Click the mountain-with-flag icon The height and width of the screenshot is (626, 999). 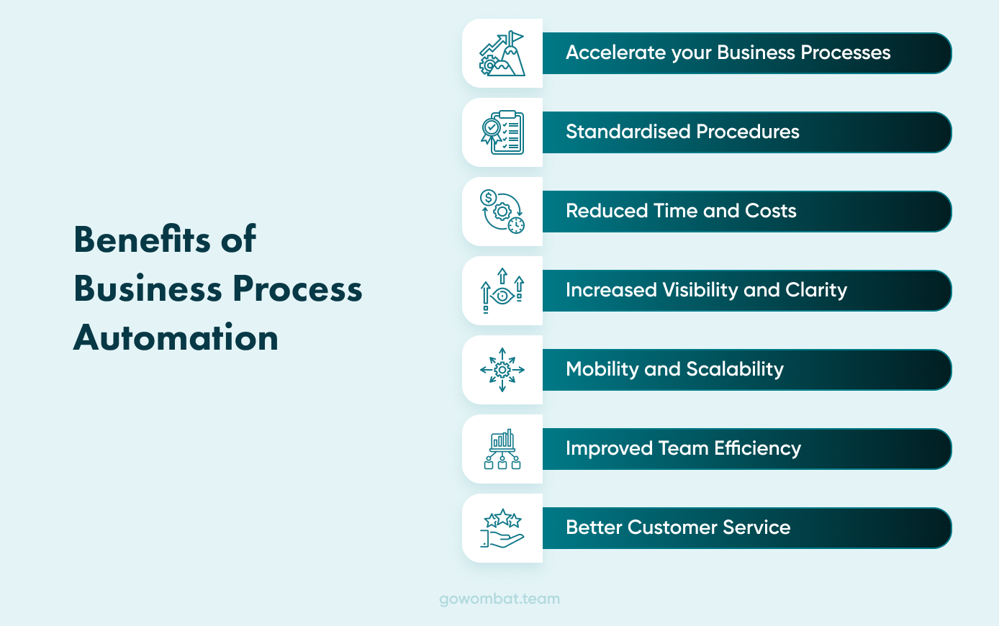[502, 54]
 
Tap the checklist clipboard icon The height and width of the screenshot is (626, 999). [502, 132]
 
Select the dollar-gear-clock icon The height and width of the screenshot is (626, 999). [502, 212]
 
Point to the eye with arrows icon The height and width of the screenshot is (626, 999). [502, 291]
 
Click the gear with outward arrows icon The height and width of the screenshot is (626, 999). [502, 370]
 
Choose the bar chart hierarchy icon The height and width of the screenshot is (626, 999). [502, 449]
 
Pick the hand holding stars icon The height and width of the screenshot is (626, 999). [502, 528]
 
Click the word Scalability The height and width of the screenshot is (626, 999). [735, 369]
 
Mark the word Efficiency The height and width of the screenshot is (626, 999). [757, 448]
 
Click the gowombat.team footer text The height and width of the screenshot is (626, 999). [499, 599]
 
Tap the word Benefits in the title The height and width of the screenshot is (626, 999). [142, 240]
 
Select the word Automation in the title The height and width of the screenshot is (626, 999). [176, 337]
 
